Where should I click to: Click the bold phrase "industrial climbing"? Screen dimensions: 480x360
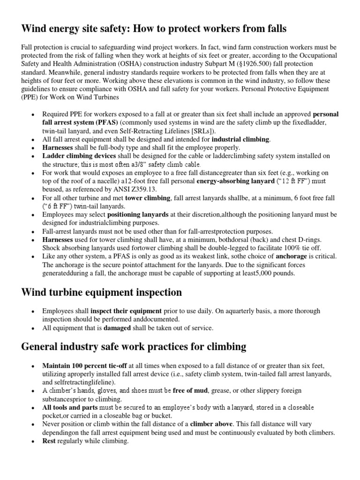coord(240,140)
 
